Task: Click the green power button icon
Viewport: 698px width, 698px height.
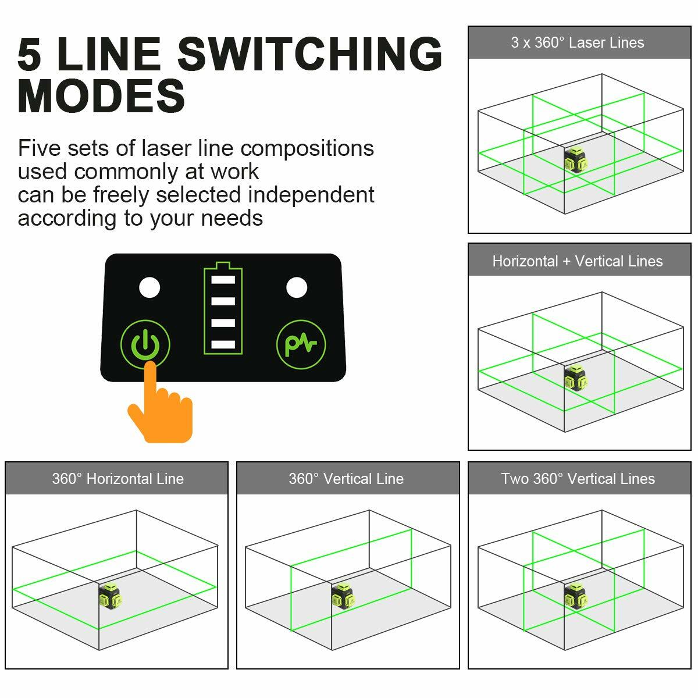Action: pos(145,344)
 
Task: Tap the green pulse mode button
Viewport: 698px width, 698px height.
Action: pos(301,344)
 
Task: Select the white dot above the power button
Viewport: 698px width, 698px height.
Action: pos(149,287)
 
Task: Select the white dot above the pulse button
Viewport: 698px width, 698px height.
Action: pos(297,287)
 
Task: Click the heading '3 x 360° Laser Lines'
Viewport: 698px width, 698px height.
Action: pos(578,42)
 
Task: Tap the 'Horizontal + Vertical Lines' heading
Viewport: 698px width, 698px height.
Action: pos(578,261)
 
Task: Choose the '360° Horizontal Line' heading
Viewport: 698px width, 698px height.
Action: pos(117,479)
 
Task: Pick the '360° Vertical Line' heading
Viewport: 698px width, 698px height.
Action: pos(346,479)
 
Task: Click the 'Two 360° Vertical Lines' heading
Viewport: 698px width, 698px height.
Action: pos(578,479)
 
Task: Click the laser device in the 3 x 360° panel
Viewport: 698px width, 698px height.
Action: pos(575,159)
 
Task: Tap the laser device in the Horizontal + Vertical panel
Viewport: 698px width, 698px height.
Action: pos(575,378)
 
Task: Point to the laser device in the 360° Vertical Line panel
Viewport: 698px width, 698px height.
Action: pos(343,597)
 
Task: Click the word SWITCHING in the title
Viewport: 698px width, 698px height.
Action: pos(310,54)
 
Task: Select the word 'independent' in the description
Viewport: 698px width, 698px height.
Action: pos(311,195)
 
